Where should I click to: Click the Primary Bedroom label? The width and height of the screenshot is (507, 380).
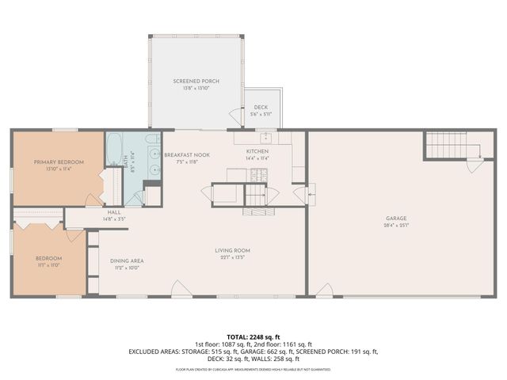(59, 161)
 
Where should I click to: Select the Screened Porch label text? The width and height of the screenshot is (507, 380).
(196, 82)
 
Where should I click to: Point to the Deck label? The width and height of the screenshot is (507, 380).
(261, 108)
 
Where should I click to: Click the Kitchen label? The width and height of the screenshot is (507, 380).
(257, 150)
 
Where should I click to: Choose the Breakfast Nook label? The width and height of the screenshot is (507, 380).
(187, 155)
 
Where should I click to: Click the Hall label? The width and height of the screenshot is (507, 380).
(115, 212)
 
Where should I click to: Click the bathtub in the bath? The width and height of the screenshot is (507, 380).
(113, 146)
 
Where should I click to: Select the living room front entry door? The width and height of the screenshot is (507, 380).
(181, 290)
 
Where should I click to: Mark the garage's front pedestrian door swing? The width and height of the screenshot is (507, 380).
(324, 291)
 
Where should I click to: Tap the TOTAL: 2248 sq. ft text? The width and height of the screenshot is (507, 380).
(253, 336)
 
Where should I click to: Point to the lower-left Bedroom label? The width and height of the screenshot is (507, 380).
(48, 258)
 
